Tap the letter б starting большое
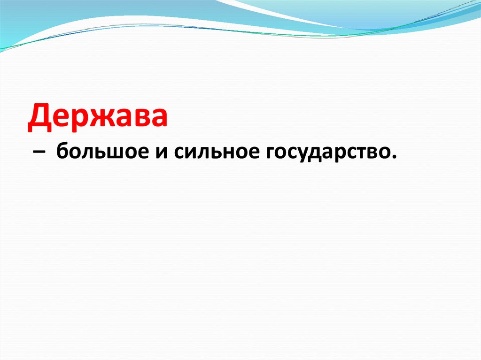click(x=62, y=152)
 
